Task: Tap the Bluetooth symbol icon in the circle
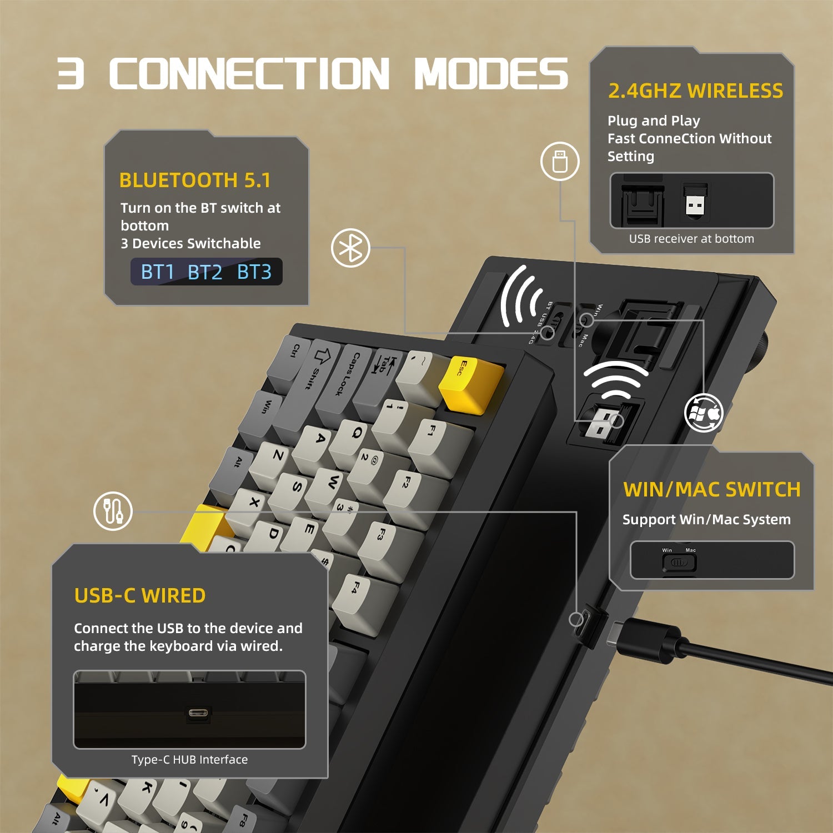tap(350, 248)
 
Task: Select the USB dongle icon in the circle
tap(560, 161)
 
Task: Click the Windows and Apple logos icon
tap(704, 413)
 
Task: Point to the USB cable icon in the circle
tap(113, 511)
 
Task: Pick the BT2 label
tap(205, 272)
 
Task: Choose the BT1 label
tap(158, 272)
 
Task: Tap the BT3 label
tap(254, 272)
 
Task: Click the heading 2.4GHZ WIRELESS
tap(695, 91)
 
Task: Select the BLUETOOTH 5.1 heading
tap(195, 180)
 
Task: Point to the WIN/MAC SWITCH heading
tap(711, 489)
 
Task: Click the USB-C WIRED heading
tap(140, 595)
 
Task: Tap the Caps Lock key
tap(338, 383)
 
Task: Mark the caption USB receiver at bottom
tap(691, 239)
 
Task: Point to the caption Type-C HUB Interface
tap(189, 759)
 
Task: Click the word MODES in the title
tap(491, 73)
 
